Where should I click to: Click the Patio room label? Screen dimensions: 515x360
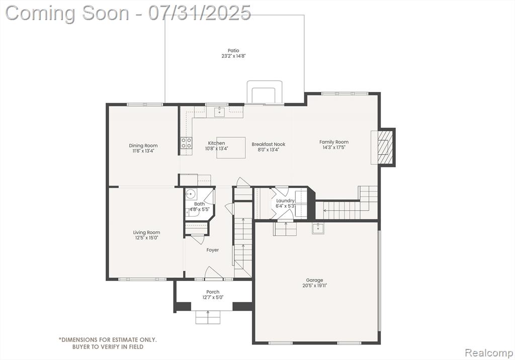click(233, 51)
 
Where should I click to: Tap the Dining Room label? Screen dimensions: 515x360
click(143, 145)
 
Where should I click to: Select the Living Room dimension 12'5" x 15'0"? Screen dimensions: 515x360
click(147, 238)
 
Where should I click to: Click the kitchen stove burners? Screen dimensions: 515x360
click(187, 142)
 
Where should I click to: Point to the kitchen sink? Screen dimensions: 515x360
click(219, 112)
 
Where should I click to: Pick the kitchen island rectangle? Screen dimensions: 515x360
click(231, 147)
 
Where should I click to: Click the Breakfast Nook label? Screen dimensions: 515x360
click(269, 144)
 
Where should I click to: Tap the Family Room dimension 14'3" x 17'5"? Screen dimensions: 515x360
click(334, 147)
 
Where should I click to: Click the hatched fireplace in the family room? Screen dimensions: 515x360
click(384, 147)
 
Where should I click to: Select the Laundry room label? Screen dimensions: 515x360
click(285, 201)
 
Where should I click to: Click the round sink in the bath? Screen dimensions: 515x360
click(191, 195)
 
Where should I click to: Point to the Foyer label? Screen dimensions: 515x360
click(213, 250)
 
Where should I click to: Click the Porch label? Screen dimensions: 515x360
click(213, 292)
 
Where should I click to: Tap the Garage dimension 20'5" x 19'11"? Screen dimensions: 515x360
click(315, 286)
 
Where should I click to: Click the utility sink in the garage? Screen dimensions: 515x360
click(318, 228)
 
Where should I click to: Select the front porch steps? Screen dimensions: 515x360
click(208, 317)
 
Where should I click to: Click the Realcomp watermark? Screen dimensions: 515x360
click(489, 353)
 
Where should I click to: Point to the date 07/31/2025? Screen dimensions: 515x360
click(199, 13)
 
